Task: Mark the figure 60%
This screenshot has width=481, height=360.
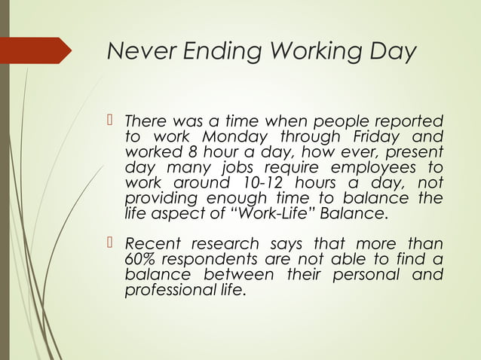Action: point(140,260)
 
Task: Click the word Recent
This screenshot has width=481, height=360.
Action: point(149,244)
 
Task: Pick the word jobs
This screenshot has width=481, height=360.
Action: point(237,168)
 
